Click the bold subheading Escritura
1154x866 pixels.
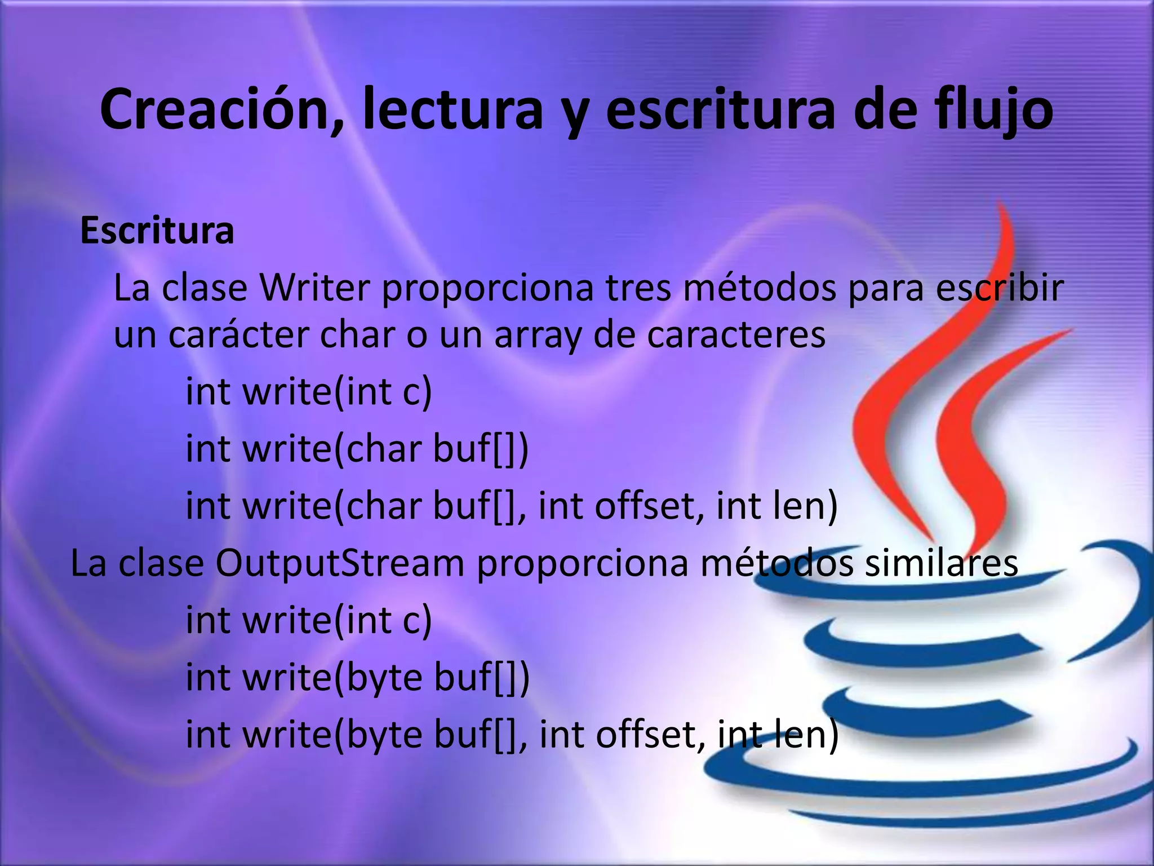point(157,231)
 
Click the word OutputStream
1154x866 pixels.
point(340,563)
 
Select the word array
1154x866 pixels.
point(537,335)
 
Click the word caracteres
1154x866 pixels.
point(736,334)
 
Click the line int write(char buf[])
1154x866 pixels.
point(357,449)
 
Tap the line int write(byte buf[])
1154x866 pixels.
point(358,677)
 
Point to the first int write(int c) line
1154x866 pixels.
point(309,392)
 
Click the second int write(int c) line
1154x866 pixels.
point(309,620)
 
